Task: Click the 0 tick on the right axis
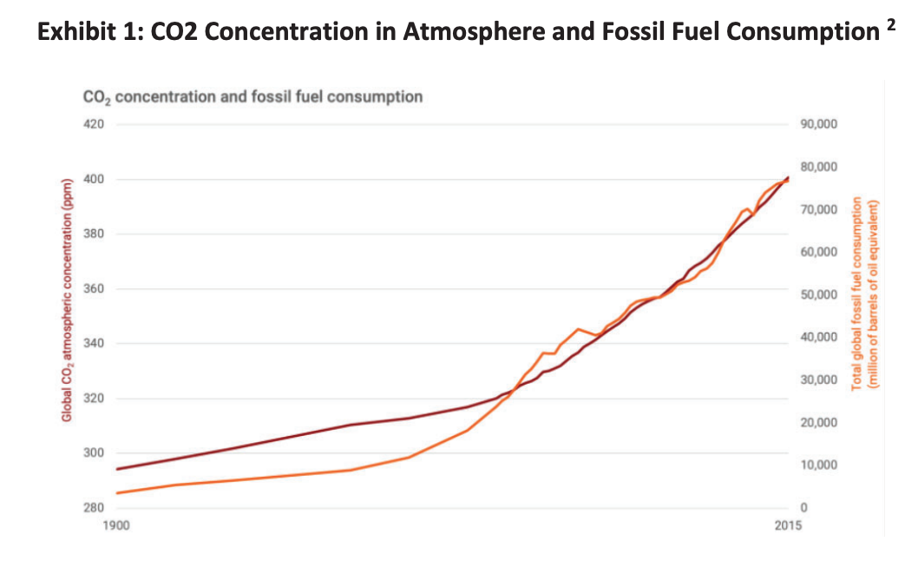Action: click(x=803, y=507)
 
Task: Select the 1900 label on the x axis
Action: click(x=116, y=525)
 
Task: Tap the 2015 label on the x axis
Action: click(x=787, y=525)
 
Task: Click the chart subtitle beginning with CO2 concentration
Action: click(x=252, y=96)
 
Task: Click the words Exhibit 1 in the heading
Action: click(x=89, y=33)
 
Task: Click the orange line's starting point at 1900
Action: click(x=117, y=493)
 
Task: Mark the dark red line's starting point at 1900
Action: click(x=117, y=469)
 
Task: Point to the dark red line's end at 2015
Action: click(x=788, y=177)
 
